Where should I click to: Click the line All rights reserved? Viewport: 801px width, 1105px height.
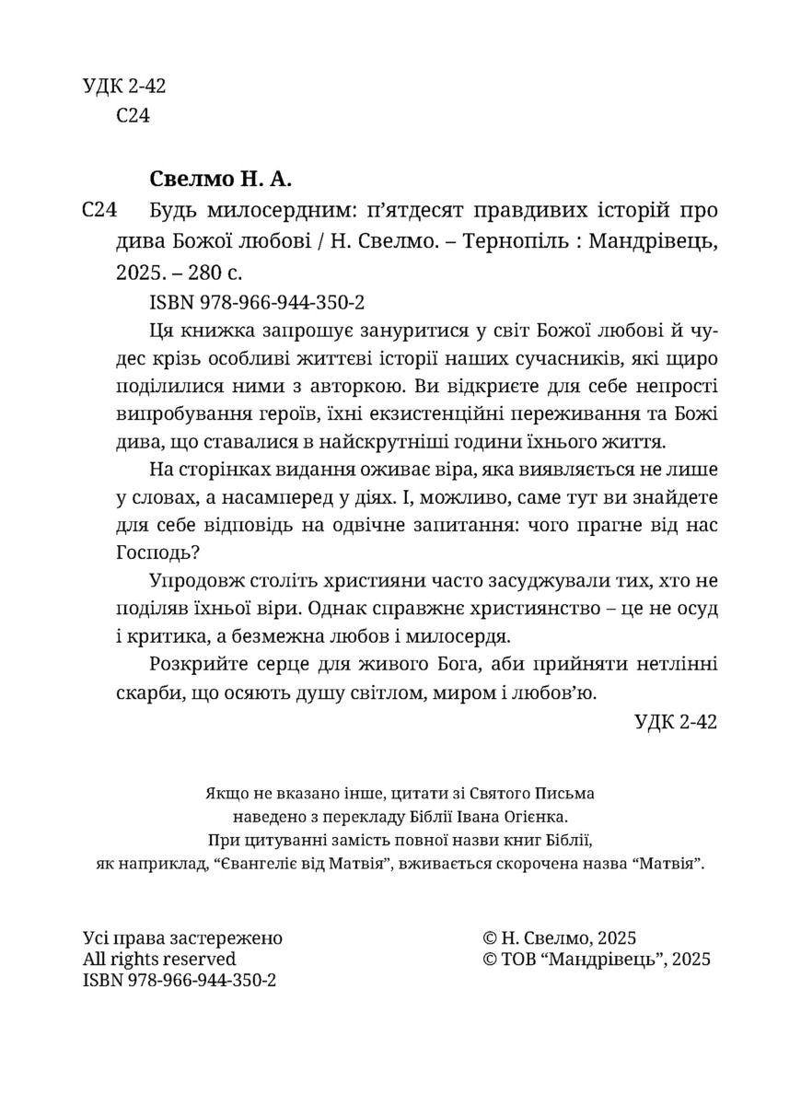(158, 959)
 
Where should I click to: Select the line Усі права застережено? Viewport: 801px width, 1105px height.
(182, 937)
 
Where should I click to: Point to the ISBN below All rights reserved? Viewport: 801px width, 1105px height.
(180, 980)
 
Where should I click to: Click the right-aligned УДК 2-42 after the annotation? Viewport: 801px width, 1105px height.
(675, 723)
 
